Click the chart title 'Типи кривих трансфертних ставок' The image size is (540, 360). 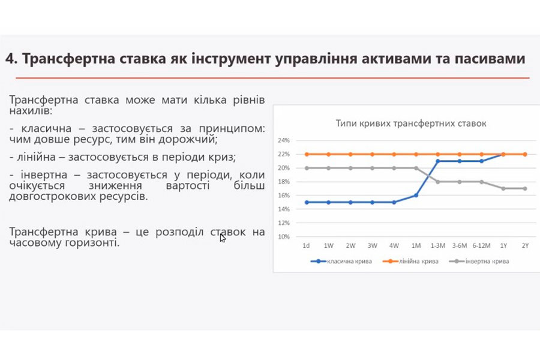pos(411,124)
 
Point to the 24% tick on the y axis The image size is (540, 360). pos(284,140)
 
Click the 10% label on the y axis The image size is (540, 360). pos(284,237)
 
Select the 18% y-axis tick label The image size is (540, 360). pos(284,182)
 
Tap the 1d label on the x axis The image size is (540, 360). pos(306,245)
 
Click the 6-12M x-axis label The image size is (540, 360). pos(481,245)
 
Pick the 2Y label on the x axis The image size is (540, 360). pos(525,245)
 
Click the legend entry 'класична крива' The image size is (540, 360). pos(341,262)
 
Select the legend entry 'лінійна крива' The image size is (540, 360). pos(410,262)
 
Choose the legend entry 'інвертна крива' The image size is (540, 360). pos(479,262)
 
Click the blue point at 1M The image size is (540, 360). pos(416,196)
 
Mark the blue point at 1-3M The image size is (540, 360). pos(438,161)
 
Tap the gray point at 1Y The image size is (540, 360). pos(503,189)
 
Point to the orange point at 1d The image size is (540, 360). pos(307,154)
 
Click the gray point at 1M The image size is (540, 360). pos(416,168)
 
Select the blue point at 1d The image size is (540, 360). pos(307,202)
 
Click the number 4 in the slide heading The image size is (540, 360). pos(10,59)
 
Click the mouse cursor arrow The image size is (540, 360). pos(223,238)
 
